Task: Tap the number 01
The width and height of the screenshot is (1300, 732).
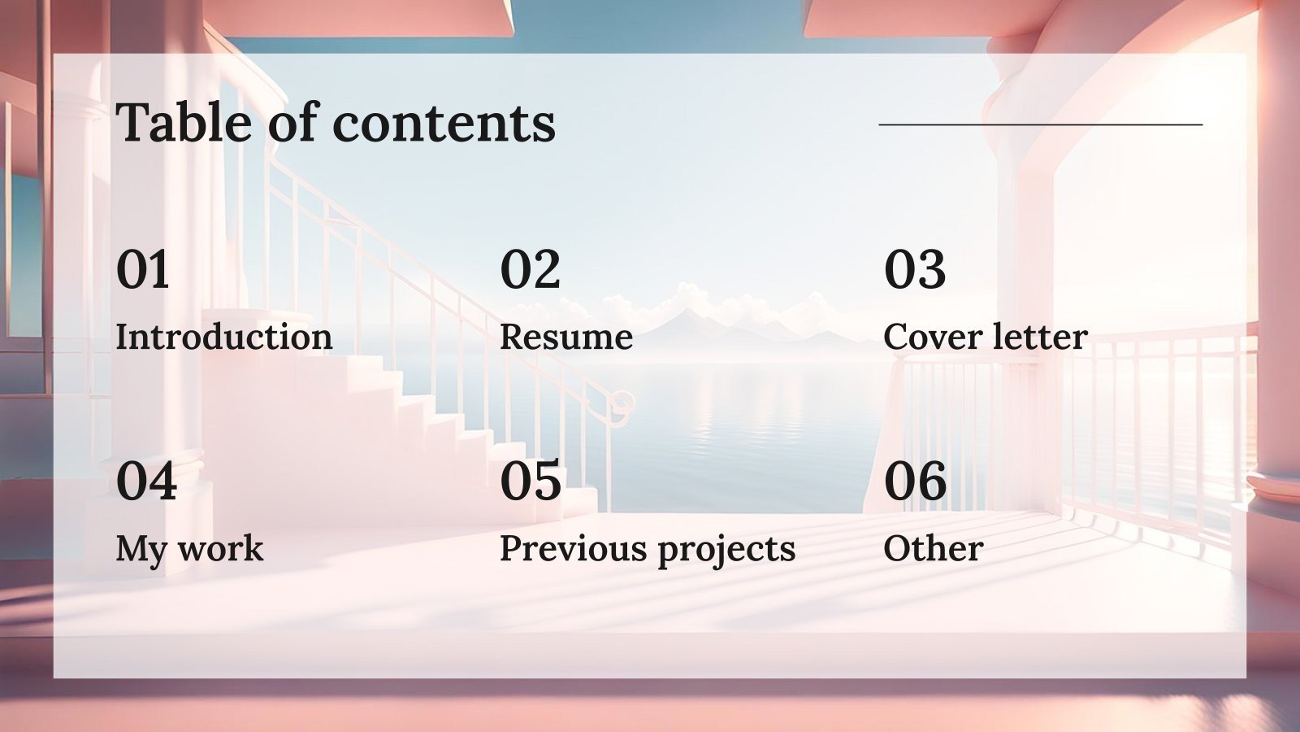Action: point(143,270)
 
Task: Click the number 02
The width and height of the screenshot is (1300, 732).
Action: point(530,270)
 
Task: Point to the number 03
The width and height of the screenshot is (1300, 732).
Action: point(915,270)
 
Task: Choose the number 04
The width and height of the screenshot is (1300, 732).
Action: point(146,481)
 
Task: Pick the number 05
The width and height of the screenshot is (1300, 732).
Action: point(531,481)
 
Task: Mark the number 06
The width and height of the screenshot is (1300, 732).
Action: point(915,481)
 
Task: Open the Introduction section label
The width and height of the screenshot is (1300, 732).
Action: point(223,337)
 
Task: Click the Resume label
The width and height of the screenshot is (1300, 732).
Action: point(566,337)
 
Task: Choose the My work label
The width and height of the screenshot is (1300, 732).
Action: point(189,549)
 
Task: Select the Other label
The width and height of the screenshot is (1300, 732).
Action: point(933,549)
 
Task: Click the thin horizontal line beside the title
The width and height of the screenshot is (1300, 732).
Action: point(1040,125)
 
